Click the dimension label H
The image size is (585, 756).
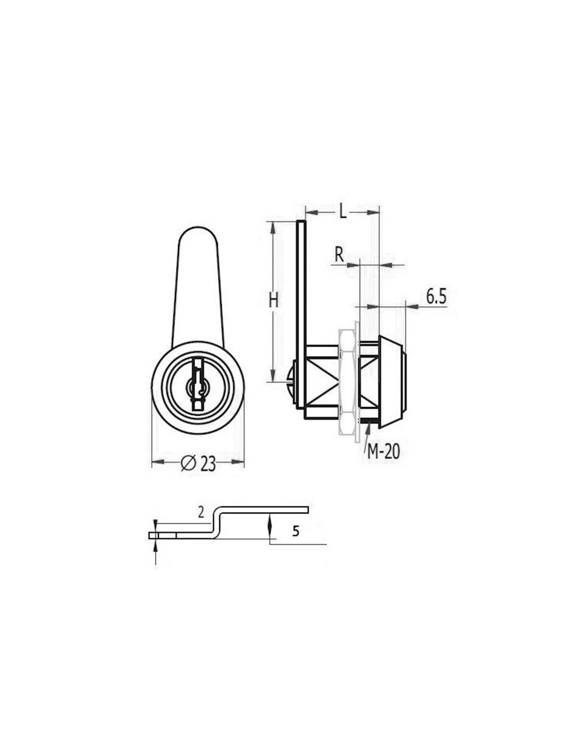273,300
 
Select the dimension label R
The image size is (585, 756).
339,255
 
